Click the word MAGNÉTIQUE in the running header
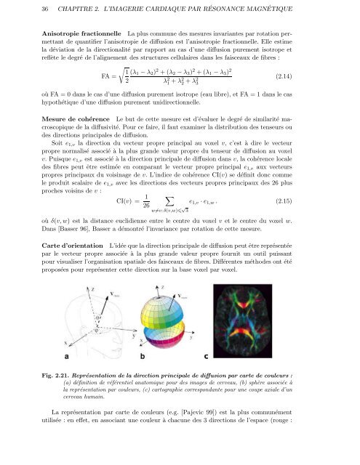303,9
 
